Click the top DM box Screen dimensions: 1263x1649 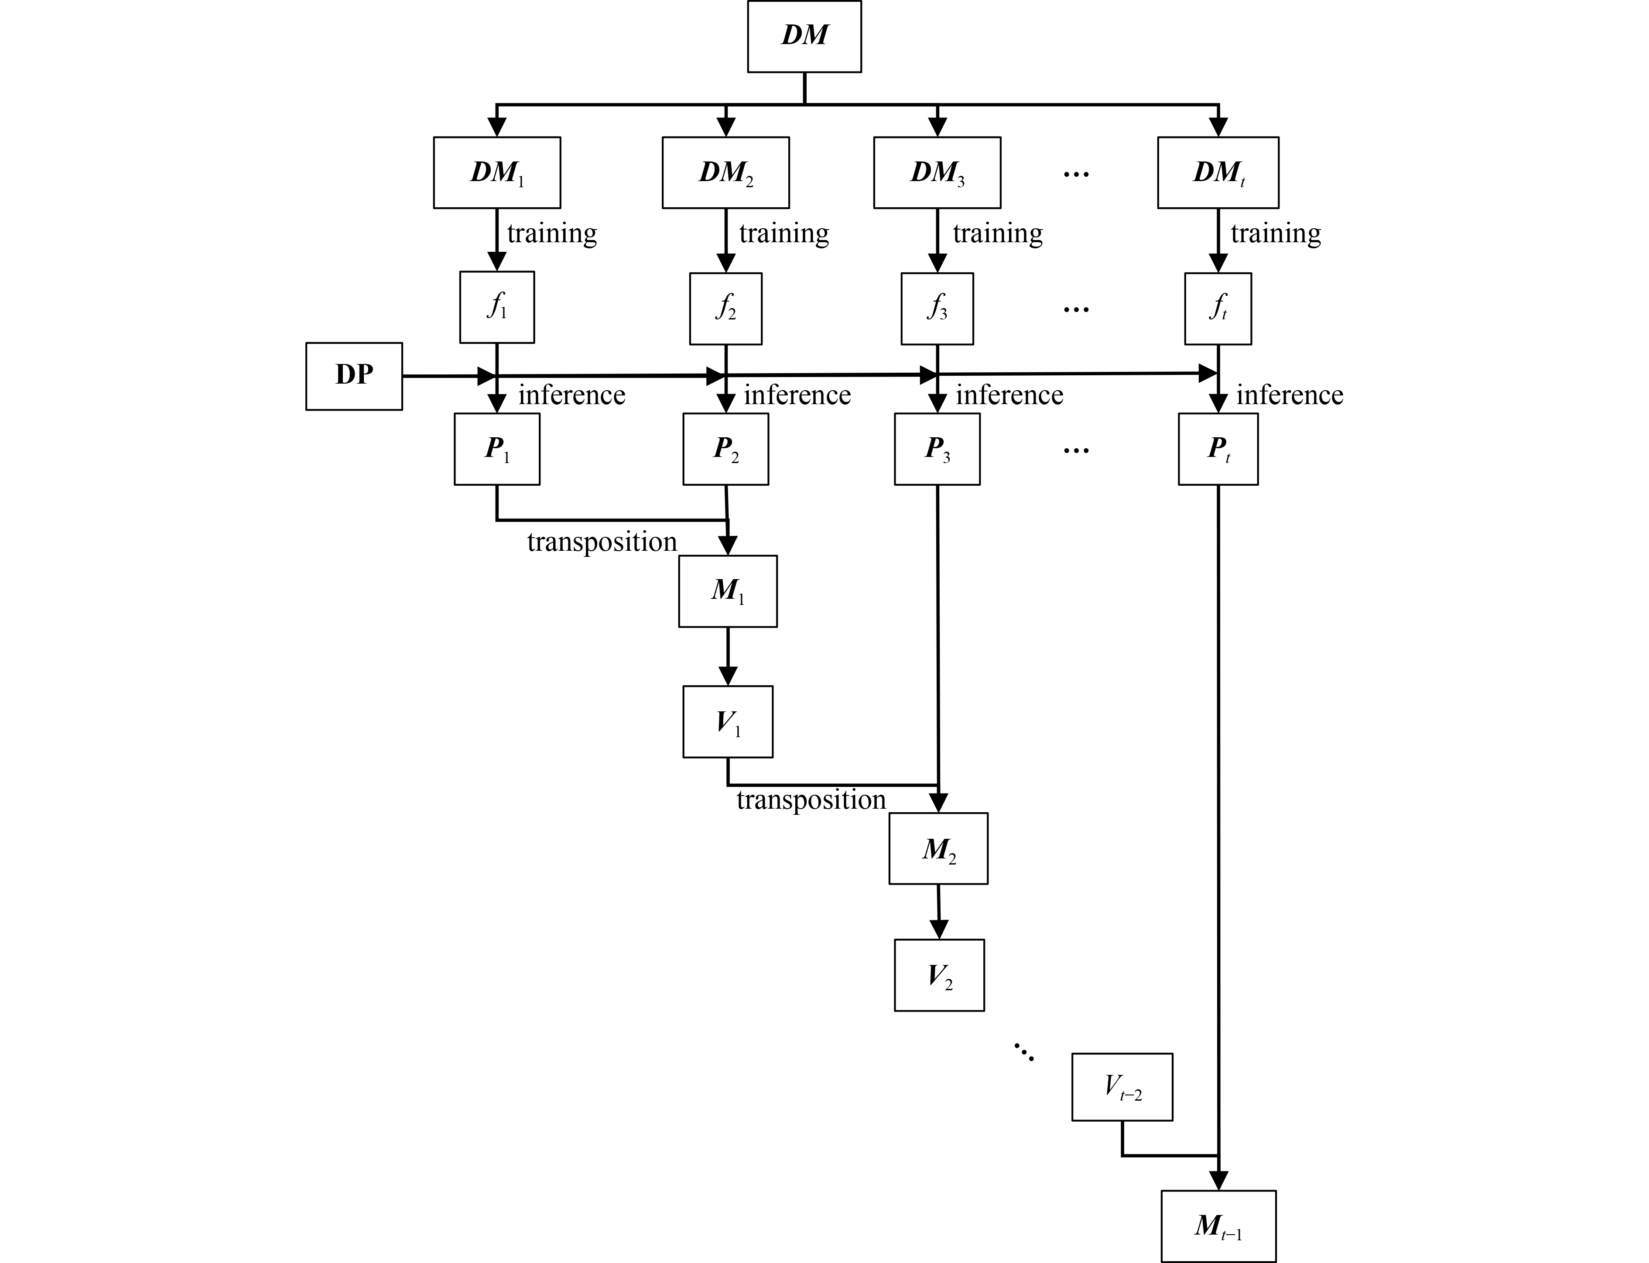pos(804,36)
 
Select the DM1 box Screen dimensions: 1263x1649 pos(497,172)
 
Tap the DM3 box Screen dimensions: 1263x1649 pos(937,172)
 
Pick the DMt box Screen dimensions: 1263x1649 pos(1218,172)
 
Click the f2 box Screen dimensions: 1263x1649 pos(725,308)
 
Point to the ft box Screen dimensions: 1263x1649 pos(1218,308)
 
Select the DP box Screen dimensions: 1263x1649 pos(354,376)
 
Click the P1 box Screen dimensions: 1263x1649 pos(497,449)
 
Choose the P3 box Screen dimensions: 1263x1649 pos(937,449)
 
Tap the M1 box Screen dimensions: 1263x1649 pos(728,591)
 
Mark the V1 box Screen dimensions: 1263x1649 pos(728,721)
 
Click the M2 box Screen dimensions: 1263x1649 pos(938,848)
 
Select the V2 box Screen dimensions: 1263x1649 pos(939,975)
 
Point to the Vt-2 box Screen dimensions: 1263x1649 pos(1122,1087)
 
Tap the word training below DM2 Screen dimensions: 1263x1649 pos(784,234)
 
